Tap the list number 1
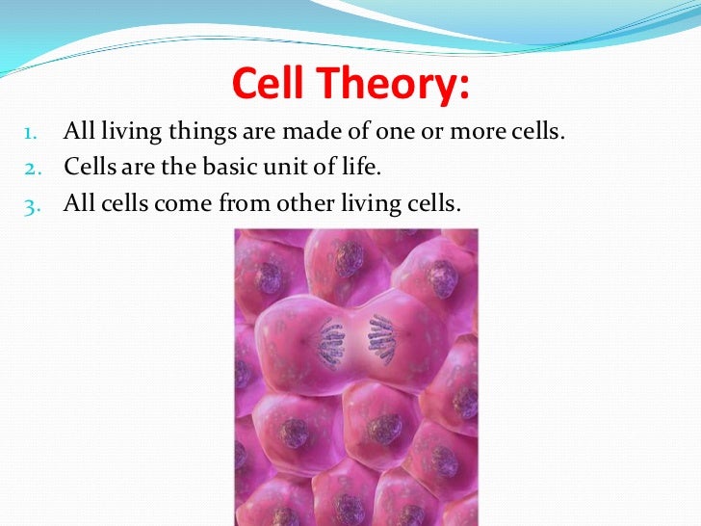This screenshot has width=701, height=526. pyautogui.click(x=31, y=132)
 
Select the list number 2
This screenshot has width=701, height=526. pyautogui.click(x=31, y=169)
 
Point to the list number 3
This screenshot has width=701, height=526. pyautogui.click(x=31, y=205)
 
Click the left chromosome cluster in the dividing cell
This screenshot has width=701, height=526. pyautogui.click(x=330, y=342)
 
